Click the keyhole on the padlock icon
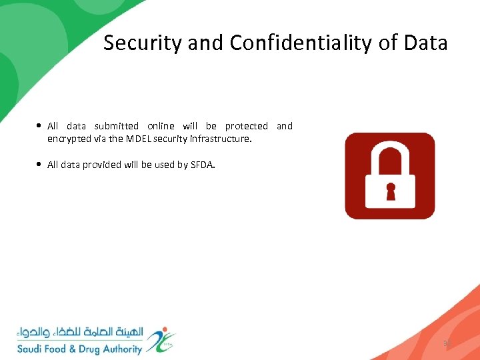391,191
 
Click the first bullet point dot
41,126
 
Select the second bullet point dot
41,165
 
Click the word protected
246,126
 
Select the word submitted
117,126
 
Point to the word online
161,126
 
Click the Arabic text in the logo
79,332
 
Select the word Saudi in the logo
31,349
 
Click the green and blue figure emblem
161,339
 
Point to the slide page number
447,343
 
